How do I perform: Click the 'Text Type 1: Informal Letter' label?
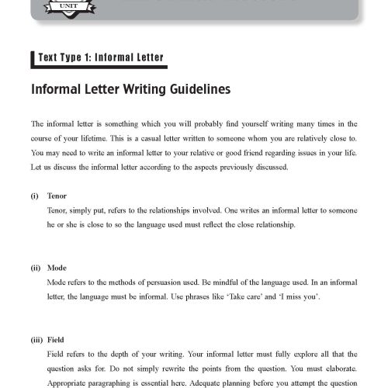[x=99, y=57]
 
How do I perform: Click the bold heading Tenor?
[x=57, y=197]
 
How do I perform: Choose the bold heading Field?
[x=57, y=339]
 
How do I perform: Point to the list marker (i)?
[x=35, y=197]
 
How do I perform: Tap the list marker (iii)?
[x=36, y=339]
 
